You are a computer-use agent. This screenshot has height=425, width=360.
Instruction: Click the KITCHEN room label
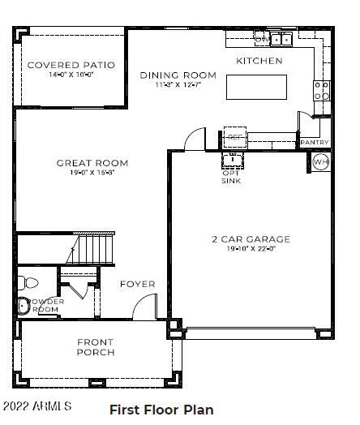pos(259,61)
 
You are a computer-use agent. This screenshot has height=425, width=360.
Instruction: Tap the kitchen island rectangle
pos(256,86)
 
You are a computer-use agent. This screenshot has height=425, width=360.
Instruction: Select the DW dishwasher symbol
pos(261,38)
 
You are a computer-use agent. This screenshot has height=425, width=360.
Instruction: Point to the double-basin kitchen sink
pos(281,38)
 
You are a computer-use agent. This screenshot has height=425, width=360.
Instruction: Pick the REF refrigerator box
pos(234,136)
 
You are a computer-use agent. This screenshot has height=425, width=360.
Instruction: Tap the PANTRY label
pos(315,143)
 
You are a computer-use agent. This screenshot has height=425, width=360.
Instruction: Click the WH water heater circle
pos(321,161)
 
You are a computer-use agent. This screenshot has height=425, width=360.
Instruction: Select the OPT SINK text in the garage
pos(230,176)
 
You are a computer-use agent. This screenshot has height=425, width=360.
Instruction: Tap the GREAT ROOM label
pos(92,163)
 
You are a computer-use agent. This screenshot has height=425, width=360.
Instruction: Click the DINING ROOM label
pos(178,75)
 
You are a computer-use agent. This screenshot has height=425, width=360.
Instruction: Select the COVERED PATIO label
pos(71,65)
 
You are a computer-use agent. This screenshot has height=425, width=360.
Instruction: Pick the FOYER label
pos(137,285)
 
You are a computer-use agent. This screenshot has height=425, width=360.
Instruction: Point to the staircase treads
pos(91,251)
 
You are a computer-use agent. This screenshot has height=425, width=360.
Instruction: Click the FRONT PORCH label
pos(96,347)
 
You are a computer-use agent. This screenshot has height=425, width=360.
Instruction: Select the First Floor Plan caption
pos(161,410)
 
